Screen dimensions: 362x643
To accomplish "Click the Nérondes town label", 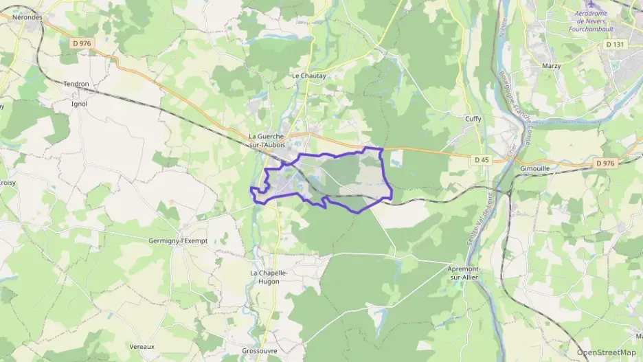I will click(28, 17).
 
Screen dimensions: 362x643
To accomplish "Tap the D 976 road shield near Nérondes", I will click(82, 43).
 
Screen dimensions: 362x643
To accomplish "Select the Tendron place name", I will click(76, 84).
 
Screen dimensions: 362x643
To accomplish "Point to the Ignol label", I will click(79, 104).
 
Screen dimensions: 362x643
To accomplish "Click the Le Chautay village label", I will click(308, 76).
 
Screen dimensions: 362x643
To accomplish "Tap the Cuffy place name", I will click(473, 119).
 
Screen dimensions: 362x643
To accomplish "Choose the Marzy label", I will click(551, 66).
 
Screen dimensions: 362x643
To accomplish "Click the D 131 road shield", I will click(616, 44).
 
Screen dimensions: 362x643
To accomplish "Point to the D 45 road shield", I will click(482, 160).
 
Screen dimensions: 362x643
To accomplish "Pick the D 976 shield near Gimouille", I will click(605, 163).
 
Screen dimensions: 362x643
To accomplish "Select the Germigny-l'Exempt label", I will click(178, 241).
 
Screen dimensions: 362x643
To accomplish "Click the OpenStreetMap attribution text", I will click(606, 352).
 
